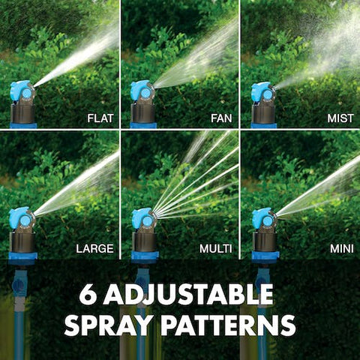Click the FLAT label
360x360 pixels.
point(100,118)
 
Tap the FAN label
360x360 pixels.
point(220,118)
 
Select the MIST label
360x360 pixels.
point(340,118)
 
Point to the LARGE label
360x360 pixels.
point(94,247)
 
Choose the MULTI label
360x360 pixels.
point(216,247)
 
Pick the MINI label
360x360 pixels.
point(339,247)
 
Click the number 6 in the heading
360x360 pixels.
point(88,294)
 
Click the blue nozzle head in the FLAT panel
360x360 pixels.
point(22,91)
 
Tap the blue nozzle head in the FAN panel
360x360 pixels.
point(142,91)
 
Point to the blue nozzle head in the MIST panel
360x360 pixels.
point(262,91)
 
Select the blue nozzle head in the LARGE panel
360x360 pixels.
point(22,219)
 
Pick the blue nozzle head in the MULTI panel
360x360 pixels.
point(142,219)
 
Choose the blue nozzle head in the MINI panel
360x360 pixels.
point(262,219)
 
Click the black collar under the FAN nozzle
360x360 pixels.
point(142,113)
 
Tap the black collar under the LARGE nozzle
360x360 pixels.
point(22,241)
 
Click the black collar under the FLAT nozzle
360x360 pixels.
point(22,113)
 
